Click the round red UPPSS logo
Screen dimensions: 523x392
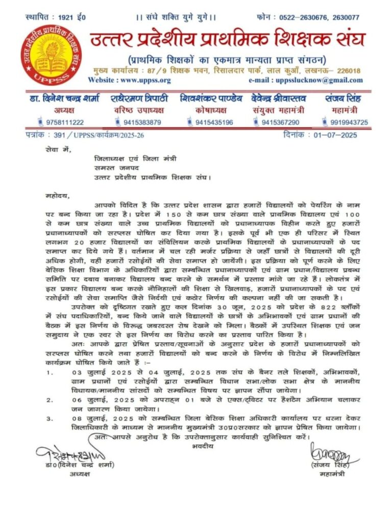click(x=51, y=55)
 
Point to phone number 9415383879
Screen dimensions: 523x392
click(x=139, y=122)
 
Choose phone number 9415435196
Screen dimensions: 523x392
click(x=214, y=122)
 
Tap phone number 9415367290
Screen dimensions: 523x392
click(x=280, y=122)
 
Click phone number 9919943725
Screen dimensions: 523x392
click(x=349, y=122)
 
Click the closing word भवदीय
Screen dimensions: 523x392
click(x=203, y=446)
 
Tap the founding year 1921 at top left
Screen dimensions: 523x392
click(x=65, y=17)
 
